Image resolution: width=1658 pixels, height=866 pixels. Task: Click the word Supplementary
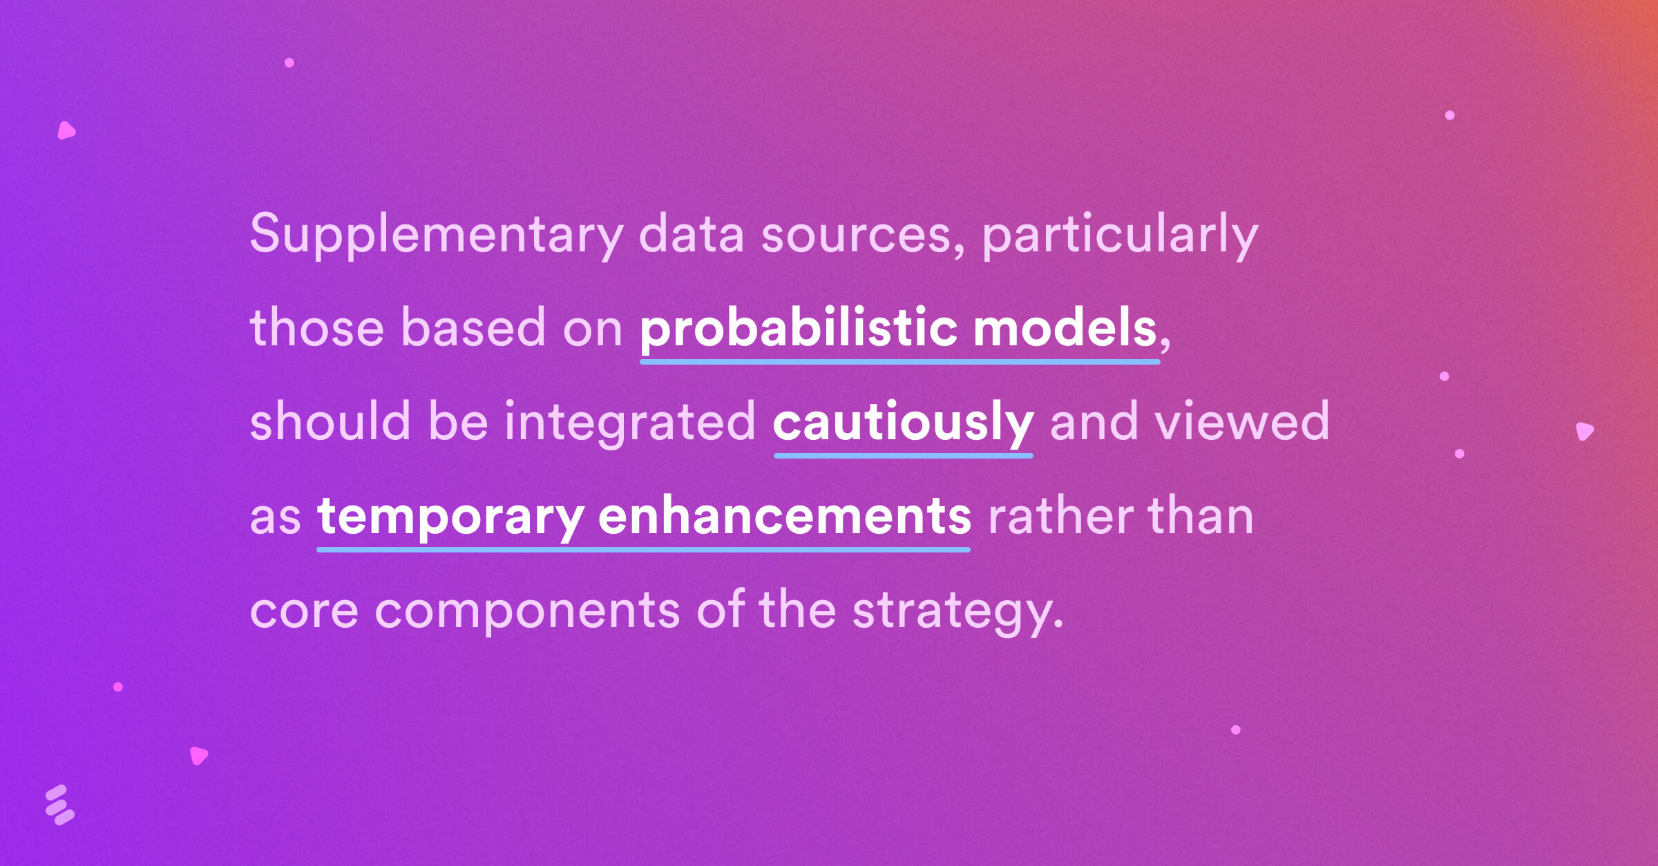(437, 235)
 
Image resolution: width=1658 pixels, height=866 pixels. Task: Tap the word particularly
(1120, 235)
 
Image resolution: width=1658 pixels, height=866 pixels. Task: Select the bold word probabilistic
(799, 329)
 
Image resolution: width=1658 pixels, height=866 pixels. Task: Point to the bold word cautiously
(903, 423)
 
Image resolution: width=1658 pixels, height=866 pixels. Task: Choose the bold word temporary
(450, 517)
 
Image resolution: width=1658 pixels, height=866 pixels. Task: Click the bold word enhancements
(785, 516)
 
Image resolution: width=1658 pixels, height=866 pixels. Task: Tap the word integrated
(630, 423)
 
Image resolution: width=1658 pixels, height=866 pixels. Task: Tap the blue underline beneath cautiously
(904, 456)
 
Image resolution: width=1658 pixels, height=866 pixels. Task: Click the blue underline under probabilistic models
(900, 361)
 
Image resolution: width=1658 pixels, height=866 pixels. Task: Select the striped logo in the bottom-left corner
(59, 805)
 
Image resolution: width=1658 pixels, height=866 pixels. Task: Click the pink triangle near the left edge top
(66, 131)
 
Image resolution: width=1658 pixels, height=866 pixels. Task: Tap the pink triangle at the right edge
(1584, 431)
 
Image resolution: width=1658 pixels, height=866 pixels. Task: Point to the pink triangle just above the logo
(198, 756)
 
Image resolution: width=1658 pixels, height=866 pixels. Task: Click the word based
(473, 328)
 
